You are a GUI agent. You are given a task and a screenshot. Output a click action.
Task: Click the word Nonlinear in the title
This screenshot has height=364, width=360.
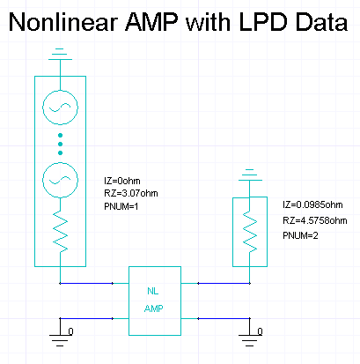pos(63,22)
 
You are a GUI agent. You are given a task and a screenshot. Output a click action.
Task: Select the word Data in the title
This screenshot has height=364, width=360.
pos(321,22)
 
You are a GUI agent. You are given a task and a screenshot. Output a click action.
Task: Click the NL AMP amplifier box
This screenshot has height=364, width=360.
pos(155,301)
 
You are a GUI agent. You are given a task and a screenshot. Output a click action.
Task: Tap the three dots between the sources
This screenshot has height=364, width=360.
pos(60,144)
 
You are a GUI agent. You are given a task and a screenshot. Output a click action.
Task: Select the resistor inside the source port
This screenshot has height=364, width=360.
pos(60,231)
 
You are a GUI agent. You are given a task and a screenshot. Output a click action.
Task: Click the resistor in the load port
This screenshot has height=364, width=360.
pos(250,232)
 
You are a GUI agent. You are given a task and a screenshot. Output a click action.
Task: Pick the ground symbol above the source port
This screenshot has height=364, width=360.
pos(60,55)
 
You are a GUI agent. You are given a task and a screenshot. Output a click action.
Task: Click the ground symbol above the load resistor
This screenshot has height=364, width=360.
pos(250,175)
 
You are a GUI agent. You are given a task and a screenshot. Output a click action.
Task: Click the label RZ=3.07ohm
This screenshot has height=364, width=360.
pos(131,193)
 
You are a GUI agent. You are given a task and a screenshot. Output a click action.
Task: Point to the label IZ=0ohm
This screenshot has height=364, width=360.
pos(122,181)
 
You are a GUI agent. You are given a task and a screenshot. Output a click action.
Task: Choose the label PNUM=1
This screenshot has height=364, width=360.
pos(121,206)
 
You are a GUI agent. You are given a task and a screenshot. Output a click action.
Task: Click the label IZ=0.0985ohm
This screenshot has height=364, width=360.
pos(312,204)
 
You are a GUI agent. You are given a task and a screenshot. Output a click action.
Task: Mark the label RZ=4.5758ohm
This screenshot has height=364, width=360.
pos(315,220)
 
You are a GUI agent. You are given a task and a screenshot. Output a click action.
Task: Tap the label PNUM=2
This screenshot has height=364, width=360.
pos(300,235)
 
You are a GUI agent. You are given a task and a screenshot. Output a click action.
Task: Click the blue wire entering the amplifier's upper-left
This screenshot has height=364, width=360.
pos(86,284)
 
